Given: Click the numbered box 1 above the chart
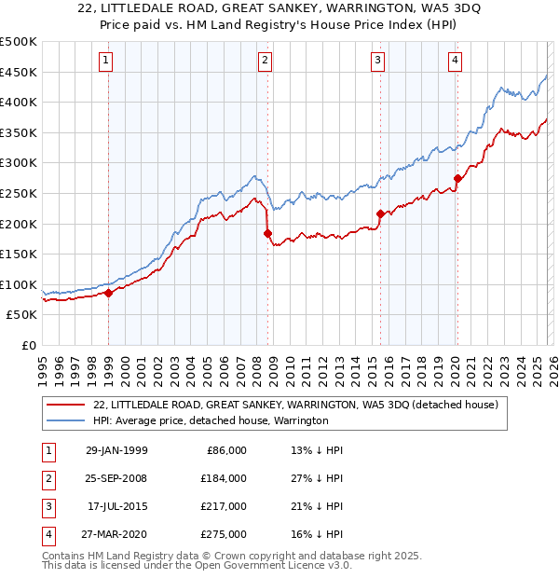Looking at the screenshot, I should [x=108, y=61].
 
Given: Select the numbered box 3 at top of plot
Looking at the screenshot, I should [x=378, y=61].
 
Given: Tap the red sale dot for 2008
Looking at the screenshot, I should [x=267, y=233].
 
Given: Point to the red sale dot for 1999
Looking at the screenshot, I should [x=109, y=293].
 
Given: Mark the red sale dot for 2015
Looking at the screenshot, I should [x=380, y=213].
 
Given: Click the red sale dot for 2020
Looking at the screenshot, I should [x=457, y=178].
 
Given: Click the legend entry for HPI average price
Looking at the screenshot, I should [x=211, y=420].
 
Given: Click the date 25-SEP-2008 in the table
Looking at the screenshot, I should [x=115, y=478].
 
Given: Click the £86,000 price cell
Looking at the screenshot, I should [x=224, y=450].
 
